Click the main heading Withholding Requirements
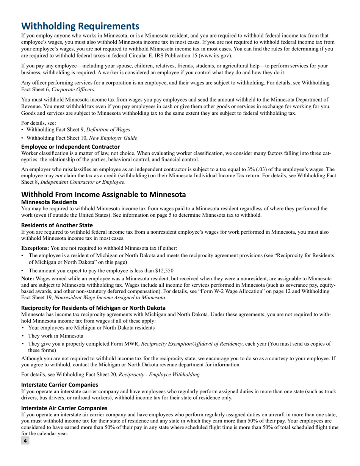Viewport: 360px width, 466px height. [80, 26]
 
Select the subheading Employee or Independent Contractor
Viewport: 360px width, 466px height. [70, 147]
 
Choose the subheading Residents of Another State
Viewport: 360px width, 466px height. [57, 225]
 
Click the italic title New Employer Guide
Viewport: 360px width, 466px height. [113, 138]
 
